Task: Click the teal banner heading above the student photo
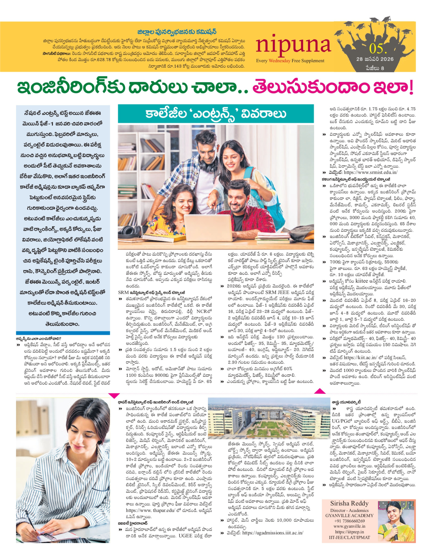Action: [216, 114]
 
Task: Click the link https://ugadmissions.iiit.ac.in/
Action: [273, 533]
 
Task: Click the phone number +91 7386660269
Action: [349, 521]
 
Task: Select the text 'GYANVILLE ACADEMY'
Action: [349, 515]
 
